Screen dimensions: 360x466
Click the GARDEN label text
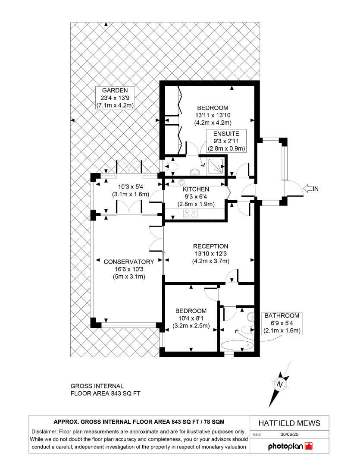tap(115, 90)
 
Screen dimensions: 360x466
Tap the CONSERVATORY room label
tap(129, 262)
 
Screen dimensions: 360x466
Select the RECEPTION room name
tap(210, 246)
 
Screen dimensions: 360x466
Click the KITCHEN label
tap(196, 189)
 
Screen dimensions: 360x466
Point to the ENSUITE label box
tap(226, 141)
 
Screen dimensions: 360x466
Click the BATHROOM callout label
tap(282, 323)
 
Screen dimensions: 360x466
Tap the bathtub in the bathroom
tap(237, 346)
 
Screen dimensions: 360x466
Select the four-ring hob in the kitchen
tap(190, 213)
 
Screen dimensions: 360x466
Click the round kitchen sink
tap(181, 182)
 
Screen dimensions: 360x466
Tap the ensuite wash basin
tap(194, 171)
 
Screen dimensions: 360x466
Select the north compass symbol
tap(279, 384)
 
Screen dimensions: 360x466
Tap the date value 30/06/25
tap(289, 434)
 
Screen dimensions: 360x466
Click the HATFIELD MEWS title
tap(289, 423)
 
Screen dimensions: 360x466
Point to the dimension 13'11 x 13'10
tap(213, 115)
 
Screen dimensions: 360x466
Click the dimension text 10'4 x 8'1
tap(191, 318)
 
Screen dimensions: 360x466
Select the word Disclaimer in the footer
tap(44, 431)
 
